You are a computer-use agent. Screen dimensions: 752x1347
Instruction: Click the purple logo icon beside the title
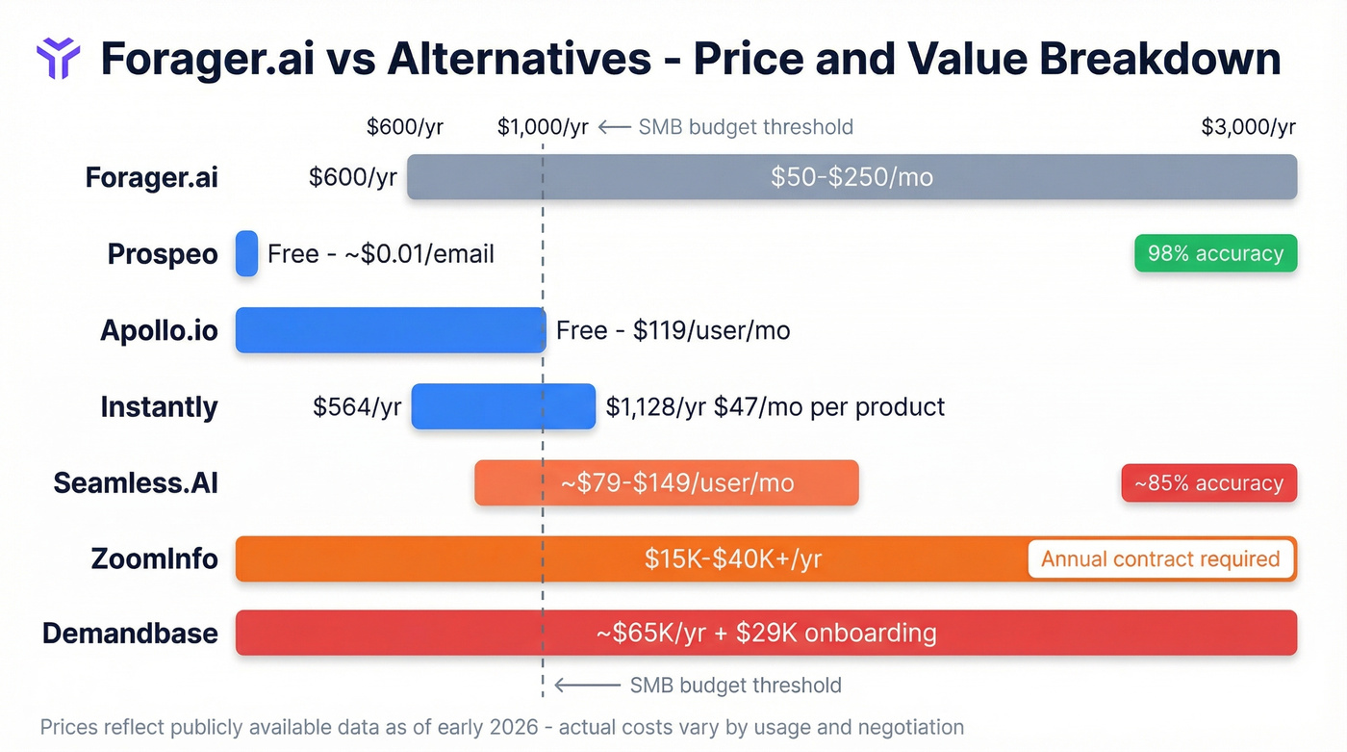(58, 59)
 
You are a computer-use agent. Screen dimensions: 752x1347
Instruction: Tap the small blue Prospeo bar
(246, 254)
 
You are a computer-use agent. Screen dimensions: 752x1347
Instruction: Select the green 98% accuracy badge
(1215, 254)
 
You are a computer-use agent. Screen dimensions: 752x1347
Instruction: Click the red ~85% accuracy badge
(1208, 483)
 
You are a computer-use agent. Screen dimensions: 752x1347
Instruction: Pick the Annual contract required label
(1160, 558)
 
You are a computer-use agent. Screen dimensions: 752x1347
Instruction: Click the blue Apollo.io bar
(390, 330)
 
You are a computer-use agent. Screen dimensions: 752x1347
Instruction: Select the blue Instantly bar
(503, 406)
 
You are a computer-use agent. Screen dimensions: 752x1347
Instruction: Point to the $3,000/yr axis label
(1248, 127)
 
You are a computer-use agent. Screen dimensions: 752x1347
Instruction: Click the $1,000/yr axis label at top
(543, 127)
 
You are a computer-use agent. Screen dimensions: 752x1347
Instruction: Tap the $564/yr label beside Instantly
(357, 406)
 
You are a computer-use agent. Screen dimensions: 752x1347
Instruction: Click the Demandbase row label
(130, 634)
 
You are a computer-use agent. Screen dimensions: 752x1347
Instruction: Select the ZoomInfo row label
(154, 558)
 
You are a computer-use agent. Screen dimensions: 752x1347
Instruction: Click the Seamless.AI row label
(136, 482)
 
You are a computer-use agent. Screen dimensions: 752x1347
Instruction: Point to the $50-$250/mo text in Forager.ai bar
(851, 177)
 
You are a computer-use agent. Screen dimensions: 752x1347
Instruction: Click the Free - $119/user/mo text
(673, 330)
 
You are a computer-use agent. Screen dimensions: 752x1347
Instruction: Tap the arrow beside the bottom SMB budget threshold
(587, 686)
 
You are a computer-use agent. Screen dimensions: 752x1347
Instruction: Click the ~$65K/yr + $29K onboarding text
(766, 634)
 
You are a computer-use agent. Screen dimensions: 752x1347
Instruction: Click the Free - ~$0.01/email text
(381, 254)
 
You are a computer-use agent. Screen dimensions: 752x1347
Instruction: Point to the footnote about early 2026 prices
(501, 727)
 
